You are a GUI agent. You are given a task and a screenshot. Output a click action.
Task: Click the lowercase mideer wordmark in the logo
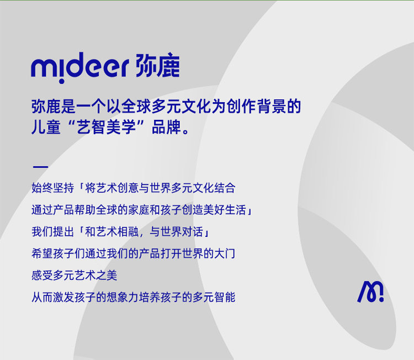(x=79, y=67)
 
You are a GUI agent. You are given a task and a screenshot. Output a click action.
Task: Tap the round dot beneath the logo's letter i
(x=61, y=81)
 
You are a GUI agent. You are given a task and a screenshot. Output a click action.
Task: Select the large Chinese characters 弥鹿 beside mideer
(x=158, y=66)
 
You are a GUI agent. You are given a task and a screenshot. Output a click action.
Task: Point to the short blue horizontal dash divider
(x=40, y=167)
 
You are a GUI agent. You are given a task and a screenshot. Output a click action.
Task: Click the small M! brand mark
(x=370, y=292)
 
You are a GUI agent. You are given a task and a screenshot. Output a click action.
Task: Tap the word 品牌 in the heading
(x=166, y=127)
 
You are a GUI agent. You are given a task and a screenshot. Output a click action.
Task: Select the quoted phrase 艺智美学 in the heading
(x=106, y=127)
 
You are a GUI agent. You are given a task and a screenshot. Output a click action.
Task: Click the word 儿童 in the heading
(x=46, y=127)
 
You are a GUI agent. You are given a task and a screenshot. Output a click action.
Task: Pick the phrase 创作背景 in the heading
(x=256, y=107)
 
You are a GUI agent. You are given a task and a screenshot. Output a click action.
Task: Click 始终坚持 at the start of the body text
(x=53, y=188)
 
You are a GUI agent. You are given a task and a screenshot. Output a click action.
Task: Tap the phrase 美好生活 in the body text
(x=225, y=210)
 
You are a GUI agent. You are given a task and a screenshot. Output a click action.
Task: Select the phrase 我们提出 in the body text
(x=53, y=232)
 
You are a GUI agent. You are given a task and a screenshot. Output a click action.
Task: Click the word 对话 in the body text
(x=193, y=232)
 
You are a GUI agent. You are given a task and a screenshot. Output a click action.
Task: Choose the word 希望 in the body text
(x=43, y=253)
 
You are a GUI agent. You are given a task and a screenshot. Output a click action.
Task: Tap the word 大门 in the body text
(x=225, y=253)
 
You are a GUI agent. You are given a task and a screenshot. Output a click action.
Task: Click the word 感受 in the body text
(x=43, y=275)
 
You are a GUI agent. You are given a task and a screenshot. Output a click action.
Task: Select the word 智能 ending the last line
(x=225, y=297)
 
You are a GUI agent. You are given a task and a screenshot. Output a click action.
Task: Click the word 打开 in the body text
(x=171, y=253)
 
